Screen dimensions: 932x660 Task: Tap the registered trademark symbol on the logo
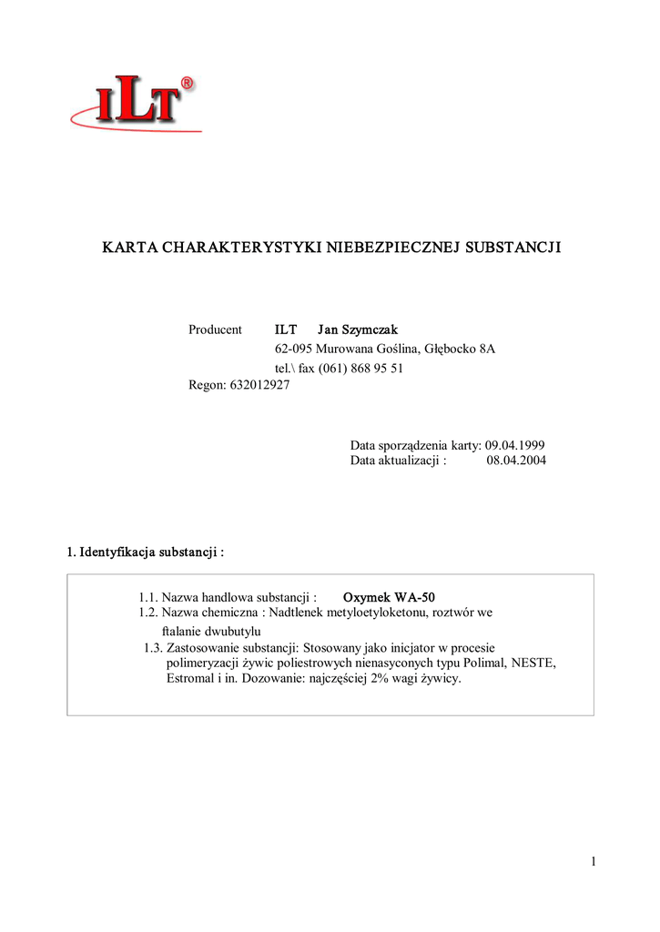(186, 84)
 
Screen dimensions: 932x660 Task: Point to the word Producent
(215, 329)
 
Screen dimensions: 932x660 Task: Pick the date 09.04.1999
(515, 445)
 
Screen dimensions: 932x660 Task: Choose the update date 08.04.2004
(516, 461)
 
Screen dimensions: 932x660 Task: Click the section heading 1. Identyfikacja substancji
(146, 552)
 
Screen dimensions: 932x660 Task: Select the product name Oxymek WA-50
(395, 598)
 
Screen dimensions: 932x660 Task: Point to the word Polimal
(485, 664)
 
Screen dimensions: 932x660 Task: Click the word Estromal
(190, 679)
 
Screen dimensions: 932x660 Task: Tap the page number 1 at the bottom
(593, 862)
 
